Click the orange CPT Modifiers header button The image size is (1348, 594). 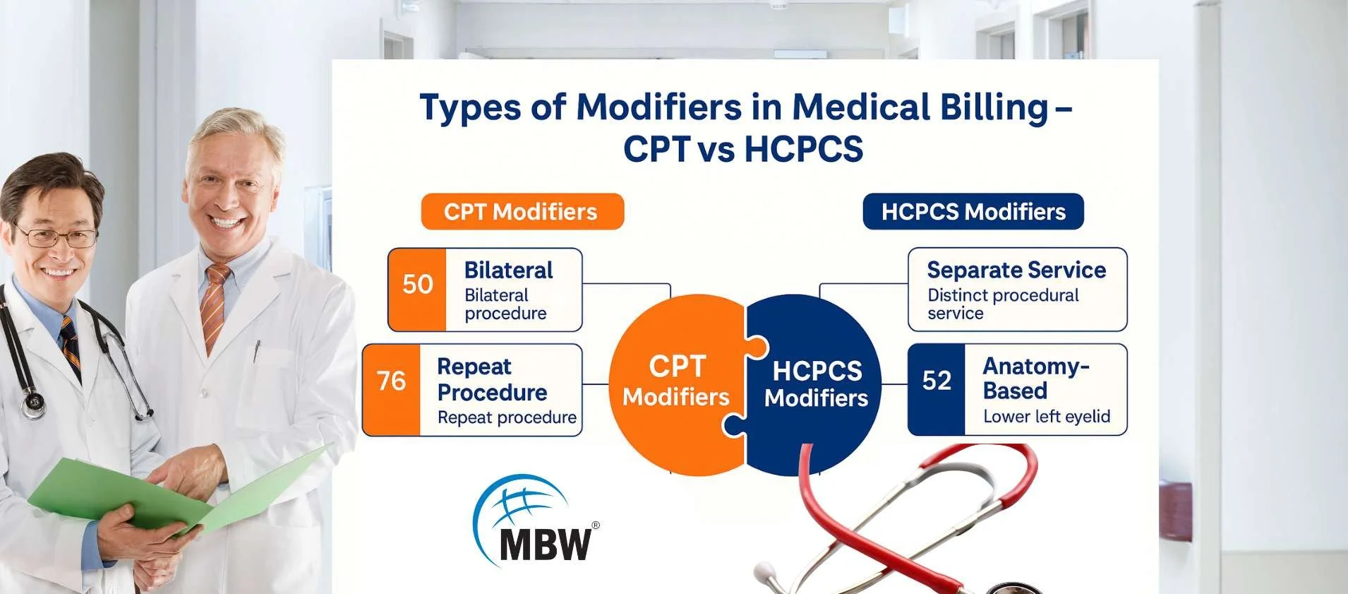click(x=522, y=211)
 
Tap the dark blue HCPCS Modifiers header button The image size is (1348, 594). click(x=973, y=211)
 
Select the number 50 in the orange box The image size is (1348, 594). click(x=417, y=284)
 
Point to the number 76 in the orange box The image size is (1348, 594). click(x=391, y=381)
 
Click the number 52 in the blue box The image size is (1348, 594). click(x=937, y=381)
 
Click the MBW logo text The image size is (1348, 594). click(x=545, y=544)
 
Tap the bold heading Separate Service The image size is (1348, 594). click(x=1016, y=270)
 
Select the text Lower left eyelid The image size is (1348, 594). click(x=1047, y=417)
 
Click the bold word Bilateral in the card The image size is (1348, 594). click(x=508, y=270)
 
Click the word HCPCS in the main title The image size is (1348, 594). click(x=804, y=149)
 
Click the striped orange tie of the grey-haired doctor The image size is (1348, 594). click(x=214, y=306)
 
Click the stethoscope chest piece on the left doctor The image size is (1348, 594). click(x=32, y=405)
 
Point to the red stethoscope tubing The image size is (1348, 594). click(x=917, y=494)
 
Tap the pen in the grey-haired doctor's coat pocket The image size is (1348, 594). click(x=257, y=351)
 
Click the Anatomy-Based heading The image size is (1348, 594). click(x=1036, y=378)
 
